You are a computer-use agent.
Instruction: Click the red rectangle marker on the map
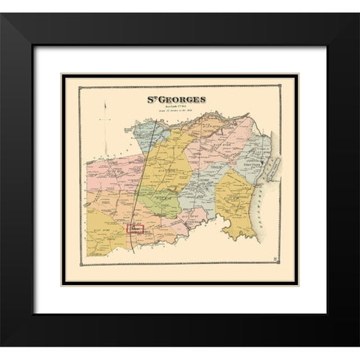point(136,229)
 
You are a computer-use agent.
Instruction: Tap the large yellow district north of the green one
point(169,161)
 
